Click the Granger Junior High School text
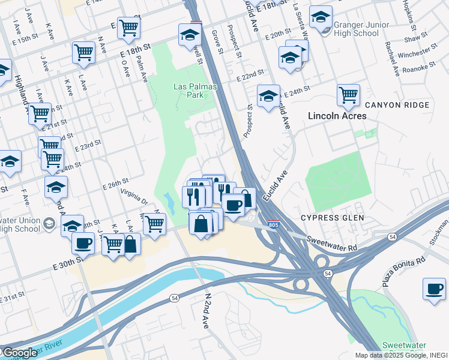point(357,29)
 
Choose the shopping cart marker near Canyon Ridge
point(348,95)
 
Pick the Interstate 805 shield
point(274,224)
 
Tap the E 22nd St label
point(250,77)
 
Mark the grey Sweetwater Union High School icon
point(49,224)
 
